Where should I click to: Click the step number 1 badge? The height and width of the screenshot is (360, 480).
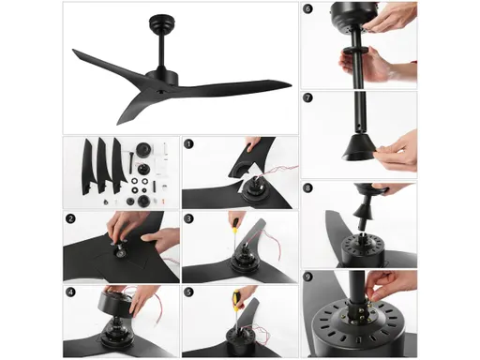(188, 145)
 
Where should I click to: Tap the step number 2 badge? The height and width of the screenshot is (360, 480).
(70, 219)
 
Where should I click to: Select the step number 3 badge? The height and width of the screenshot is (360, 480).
(188, 219)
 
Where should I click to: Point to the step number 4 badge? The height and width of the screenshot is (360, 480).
(70, 292)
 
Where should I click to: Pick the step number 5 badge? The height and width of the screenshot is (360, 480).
(188, 292)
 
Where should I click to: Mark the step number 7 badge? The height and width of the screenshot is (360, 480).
(307, 97)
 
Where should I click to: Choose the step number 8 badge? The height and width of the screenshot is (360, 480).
(307, 187)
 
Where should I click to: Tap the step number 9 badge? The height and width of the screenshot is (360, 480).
(307, 277)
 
